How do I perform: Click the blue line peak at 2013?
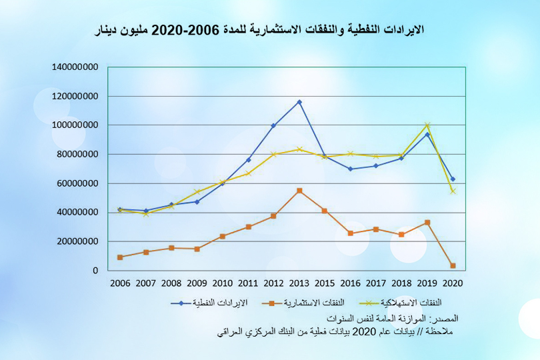click(299, 102)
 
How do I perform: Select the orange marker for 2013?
click(299, 191)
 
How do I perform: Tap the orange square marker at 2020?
click(453, 266)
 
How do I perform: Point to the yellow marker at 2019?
click(427, 125)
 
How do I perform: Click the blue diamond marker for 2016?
click(351, 169)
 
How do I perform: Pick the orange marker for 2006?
click(120, 257)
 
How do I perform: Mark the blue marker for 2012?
click(273, 125)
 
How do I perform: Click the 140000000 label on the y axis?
click(75, 67)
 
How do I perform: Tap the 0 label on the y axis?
click(96, 271)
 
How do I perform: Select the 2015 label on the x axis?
click(325, 283)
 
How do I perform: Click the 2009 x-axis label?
click(197, 283)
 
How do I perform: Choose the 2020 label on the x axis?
click(453, 283)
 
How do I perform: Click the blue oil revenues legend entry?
click(209, 303)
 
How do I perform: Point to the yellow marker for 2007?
click(145, 213)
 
